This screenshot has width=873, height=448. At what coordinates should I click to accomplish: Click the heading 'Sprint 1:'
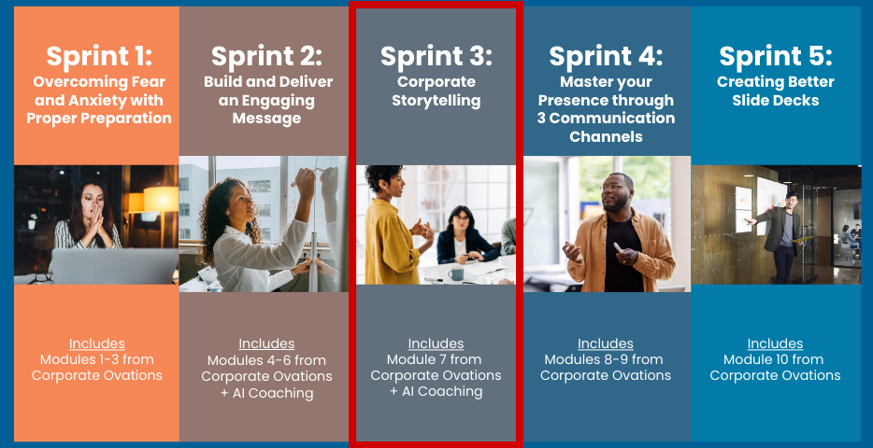tap(99, 56)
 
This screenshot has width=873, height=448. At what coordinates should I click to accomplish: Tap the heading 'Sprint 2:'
tap(266, 56)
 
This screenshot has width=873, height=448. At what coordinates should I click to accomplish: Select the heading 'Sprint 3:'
tap(436, 56)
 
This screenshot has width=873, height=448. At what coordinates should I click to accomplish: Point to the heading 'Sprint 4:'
tap(606, 56)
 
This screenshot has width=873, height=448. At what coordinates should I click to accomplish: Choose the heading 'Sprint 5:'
tap(776, 56)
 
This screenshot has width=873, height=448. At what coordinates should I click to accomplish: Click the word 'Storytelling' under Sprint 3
tap(436, 101)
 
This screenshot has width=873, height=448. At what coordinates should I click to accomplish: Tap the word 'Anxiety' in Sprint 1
tap(124, 101)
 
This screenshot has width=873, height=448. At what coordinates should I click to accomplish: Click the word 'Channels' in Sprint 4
tap(606, 137)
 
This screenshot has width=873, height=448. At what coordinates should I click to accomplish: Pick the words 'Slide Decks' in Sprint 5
tap(776, 101)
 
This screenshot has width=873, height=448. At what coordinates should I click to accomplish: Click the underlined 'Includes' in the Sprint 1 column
tap(97, 343)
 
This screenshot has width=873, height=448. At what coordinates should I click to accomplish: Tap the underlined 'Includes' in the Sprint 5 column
tap(775, 343)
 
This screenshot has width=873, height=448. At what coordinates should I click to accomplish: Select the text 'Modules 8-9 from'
tap(604, 359)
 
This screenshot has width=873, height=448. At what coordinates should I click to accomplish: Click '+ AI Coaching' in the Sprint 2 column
tap(266, 394)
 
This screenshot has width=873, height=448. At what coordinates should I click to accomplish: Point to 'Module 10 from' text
tap(775, 359)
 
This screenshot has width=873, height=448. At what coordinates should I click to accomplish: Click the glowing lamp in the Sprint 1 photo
tap(161, 199)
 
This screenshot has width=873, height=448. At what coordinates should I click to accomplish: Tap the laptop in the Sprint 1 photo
tap(114, 266)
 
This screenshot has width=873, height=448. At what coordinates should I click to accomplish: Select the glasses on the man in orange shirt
tap(612, 187)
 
